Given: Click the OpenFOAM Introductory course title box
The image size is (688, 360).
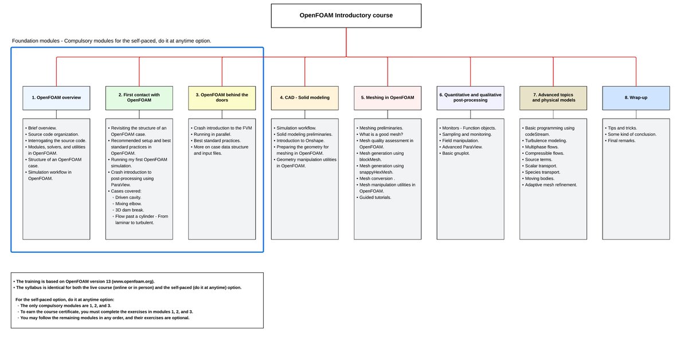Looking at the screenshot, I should point(346,15).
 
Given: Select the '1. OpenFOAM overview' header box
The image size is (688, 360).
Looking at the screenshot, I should point(56,97).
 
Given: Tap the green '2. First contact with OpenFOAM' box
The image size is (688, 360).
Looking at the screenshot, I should point(139,97).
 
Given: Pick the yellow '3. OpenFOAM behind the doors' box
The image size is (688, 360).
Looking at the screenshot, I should point(222,97).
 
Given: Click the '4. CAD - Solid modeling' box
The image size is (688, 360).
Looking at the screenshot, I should point(305,97).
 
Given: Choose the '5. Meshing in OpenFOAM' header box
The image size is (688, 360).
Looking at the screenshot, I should point(388,97).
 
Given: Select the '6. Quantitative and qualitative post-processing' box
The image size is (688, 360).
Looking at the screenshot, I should point(470,97).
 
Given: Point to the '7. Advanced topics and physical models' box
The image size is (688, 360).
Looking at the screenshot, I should point(553,97).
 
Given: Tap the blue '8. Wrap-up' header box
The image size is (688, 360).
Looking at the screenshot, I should point(636,97).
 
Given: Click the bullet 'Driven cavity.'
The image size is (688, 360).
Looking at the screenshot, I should point(128,197).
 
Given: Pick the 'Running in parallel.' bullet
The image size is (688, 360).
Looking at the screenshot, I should point(212,134).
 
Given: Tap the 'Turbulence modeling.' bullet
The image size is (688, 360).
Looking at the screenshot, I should point(545,140).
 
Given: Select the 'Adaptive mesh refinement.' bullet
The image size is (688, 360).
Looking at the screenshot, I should point(551,185).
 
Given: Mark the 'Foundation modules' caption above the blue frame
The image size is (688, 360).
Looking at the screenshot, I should point(37,41).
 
